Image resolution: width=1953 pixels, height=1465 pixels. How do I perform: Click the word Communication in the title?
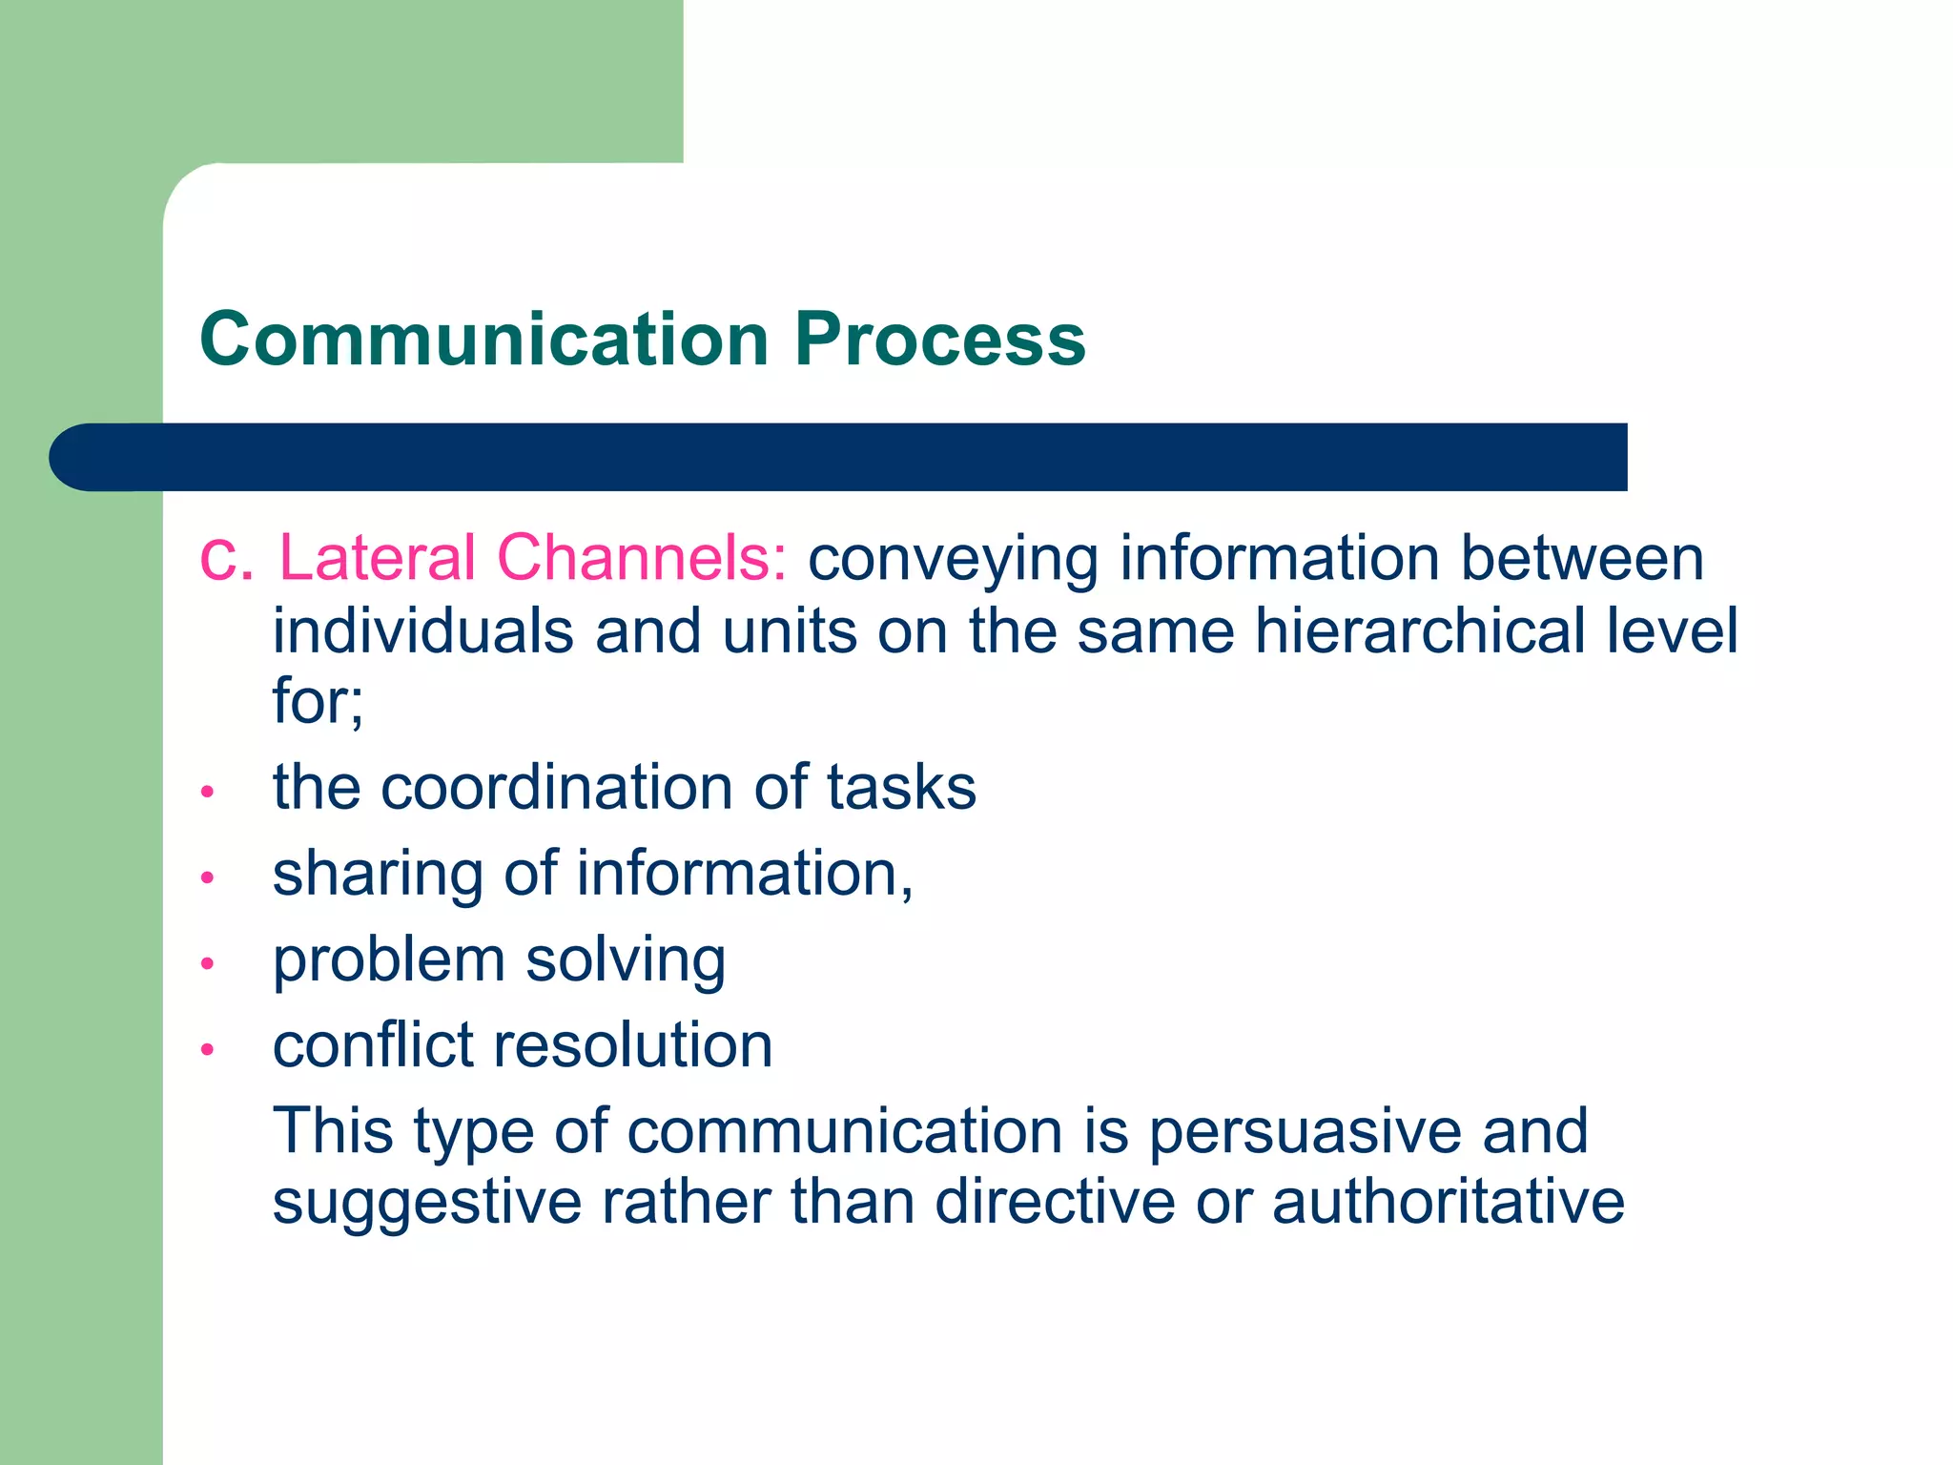484,340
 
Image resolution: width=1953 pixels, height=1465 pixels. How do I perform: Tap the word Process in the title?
940,340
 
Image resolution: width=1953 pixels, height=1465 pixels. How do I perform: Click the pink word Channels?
642,558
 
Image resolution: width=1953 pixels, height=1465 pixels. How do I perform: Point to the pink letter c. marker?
226,560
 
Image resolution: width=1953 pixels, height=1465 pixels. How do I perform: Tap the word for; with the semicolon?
318,701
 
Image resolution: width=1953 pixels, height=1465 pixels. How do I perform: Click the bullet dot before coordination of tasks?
208,792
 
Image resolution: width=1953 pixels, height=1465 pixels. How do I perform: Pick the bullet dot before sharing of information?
208,877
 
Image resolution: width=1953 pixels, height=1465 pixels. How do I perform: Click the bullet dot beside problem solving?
208,963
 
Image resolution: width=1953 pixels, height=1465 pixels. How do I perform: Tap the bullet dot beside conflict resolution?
208,1049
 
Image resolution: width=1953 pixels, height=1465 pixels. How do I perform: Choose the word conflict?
373,1045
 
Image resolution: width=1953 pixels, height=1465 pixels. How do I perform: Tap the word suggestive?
427,1204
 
